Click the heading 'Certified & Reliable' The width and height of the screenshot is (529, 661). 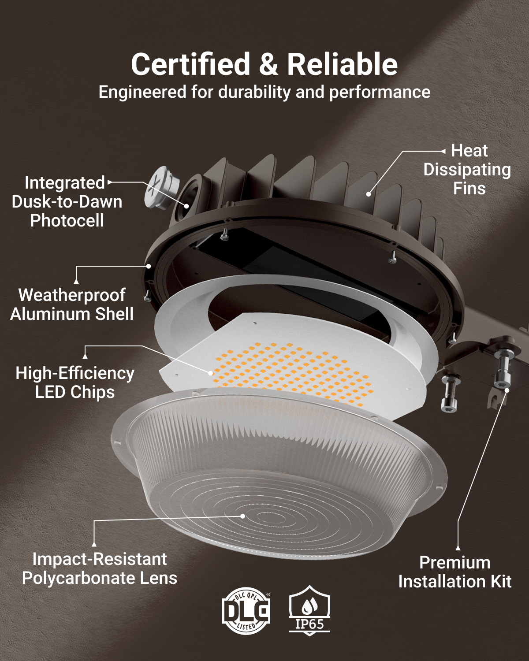tap(264, 64)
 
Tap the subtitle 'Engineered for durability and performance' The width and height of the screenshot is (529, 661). tap(264, 92)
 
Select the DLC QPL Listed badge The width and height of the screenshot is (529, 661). tap(246, 611)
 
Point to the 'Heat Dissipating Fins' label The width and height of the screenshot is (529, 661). tap(467, 170)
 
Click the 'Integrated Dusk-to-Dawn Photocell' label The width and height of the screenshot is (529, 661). tap(67, 201)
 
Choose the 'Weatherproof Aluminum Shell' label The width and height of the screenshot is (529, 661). tap(72, 305)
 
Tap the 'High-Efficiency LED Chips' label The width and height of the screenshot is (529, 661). tap(75, 382)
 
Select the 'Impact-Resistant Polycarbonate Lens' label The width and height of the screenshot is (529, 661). tap(100, 568)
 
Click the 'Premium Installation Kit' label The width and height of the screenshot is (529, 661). tap(455, 572)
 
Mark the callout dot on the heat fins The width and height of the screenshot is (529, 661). tap(369, 194)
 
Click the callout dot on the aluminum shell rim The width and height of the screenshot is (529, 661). tap(149, 266)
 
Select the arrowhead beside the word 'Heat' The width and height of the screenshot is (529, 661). tap(443, 151)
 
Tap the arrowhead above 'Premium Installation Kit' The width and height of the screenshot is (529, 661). tap(458, 548)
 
